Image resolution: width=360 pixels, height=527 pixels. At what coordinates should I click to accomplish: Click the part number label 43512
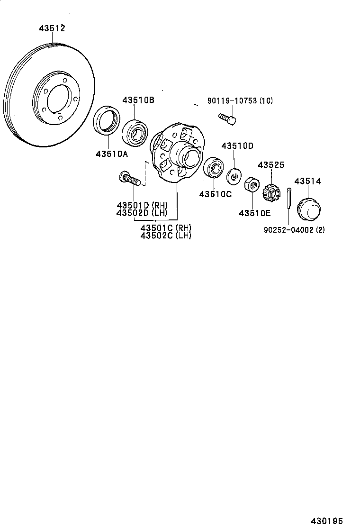(x=52, y=29)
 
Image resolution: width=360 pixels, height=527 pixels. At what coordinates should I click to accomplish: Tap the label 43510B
(x=138, y=100)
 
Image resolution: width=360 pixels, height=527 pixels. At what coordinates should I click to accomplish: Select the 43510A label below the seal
(x=112, y=154)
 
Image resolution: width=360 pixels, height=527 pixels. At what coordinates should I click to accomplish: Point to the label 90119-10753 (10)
(x=240, y=101)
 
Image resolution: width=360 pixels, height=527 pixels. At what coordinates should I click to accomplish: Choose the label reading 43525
(x=271, y=165)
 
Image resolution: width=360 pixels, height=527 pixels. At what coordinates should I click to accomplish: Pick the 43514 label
(x=307, y=181)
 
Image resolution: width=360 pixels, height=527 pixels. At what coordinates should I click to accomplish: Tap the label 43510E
(x=254, y=213)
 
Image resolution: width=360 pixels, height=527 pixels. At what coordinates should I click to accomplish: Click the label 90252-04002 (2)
(x=294, y=230)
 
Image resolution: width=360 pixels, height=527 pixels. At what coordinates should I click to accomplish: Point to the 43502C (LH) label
(x=166, y=236)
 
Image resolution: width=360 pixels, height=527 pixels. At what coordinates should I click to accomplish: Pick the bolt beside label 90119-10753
(x=227, y=118)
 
